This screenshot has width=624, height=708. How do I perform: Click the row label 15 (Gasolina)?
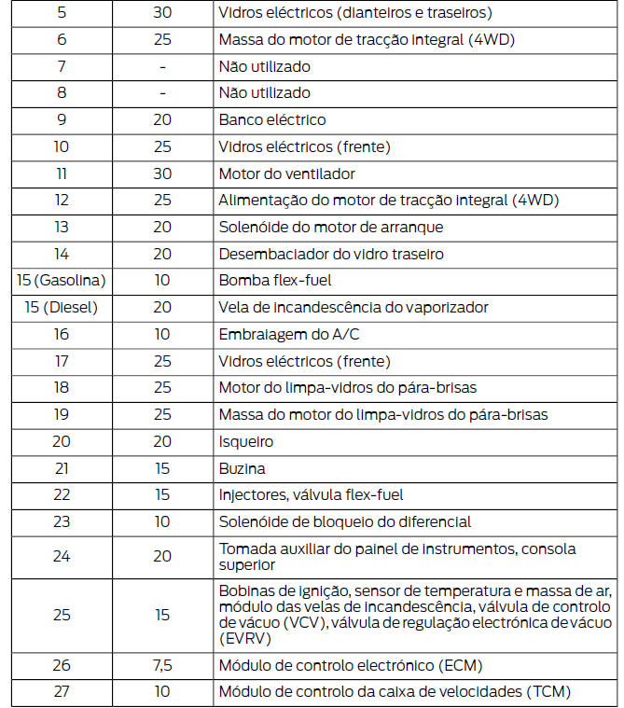click(x=62, y=281)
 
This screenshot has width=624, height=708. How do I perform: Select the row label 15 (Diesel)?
click(x=62, y=308)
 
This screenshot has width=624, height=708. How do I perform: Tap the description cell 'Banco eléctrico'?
click(x=272, y=120)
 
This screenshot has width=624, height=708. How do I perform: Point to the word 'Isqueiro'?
click(x=246, y=441)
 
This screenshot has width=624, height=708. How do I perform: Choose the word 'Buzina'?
click(x=242, y=468)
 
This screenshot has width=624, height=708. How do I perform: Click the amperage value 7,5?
click(x=162, y=665)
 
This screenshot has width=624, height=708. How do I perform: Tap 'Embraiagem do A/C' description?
click(x=282, y=335)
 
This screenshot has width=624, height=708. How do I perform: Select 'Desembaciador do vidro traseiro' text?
click(x=330, y=254)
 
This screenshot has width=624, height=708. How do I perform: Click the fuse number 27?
click(x=62, y=692)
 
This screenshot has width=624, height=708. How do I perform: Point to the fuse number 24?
click(x=62, y=556)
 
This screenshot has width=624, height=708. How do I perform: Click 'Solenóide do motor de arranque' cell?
click(x=330, y=228)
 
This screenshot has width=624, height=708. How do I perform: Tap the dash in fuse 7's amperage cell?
click(x=162, y=67)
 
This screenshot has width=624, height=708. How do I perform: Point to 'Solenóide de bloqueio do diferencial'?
click(x=344, y=522)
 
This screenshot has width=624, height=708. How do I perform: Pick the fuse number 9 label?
click(x=62, y=120)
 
